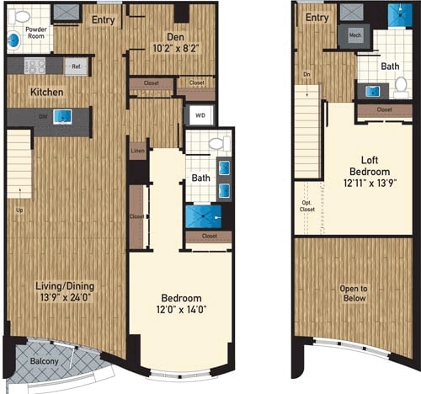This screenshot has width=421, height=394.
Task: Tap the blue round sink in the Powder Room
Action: [13, 40]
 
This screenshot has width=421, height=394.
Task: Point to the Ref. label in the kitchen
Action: [76, 67]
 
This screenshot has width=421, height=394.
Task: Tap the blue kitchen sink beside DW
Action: [61, 117]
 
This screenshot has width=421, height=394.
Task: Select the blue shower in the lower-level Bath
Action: [200, 217]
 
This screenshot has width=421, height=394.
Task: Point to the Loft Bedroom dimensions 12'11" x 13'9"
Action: [365, 182]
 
